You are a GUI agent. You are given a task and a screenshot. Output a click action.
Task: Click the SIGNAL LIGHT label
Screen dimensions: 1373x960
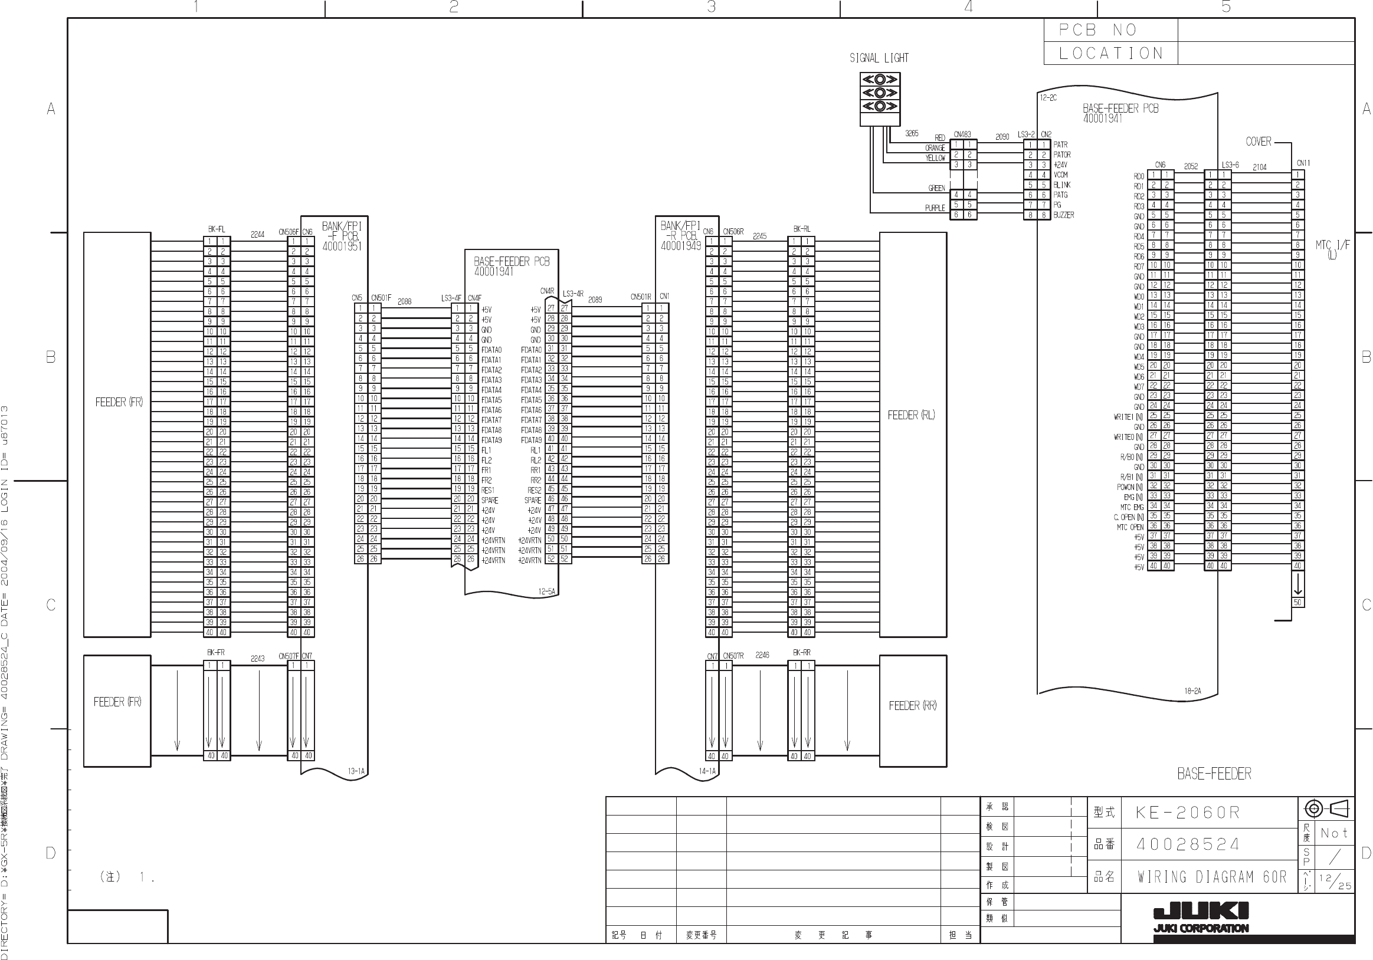879,58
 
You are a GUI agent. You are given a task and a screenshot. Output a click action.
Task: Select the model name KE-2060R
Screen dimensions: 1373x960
1188,813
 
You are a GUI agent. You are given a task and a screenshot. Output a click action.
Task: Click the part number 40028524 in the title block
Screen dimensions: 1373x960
1188,844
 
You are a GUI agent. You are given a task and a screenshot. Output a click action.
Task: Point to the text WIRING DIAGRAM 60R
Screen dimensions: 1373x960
1211,877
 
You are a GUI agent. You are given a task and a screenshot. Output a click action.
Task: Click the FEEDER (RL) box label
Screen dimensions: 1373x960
911,415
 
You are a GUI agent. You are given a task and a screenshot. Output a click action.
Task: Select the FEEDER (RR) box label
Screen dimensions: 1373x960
913,705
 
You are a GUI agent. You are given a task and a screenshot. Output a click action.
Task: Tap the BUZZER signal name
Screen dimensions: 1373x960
1064,215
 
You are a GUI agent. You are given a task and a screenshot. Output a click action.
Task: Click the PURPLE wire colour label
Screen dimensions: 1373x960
935,208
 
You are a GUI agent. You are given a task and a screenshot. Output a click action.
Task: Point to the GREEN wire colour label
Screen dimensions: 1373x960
936,188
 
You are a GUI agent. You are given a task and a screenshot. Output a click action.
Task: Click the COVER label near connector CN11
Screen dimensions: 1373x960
1258,142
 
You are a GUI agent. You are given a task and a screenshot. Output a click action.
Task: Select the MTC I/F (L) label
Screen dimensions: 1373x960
1332,249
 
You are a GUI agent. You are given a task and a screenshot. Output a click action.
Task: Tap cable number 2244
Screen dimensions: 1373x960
257,234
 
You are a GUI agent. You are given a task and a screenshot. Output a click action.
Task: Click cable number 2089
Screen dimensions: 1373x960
595,300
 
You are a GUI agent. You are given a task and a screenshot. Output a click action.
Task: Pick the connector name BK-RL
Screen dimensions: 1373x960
801,229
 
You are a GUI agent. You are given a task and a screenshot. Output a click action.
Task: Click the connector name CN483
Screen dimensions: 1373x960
962,134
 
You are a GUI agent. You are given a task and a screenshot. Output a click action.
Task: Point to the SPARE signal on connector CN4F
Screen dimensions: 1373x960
489,500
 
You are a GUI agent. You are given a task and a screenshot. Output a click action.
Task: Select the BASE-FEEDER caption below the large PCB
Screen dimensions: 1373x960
1214,774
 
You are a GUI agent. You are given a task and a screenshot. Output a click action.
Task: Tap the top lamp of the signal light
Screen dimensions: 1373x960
880,79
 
